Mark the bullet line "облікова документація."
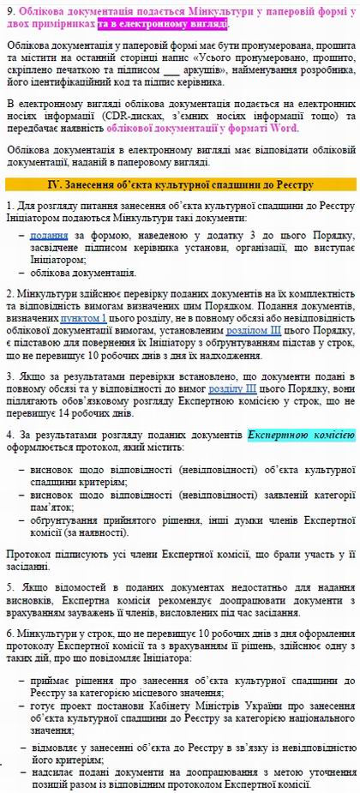[81, 273]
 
